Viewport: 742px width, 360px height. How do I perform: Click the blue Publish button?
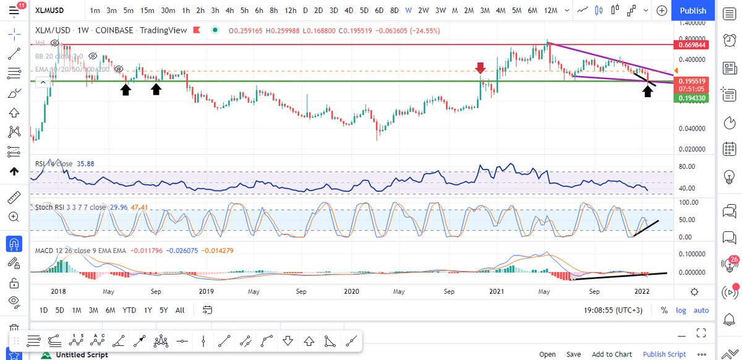(x=693, y=11)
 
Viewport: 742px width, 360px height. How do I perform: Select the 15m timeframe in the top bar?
(x=147, y=11)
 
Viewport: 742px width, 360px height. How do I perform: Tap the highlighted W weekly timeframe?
(x=409, y=11)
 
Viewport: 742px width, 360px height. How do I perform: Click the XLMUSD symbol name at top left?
(x=51, y=11)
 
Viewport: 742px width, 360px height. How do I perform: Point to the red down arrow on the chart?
(x=480, y=67)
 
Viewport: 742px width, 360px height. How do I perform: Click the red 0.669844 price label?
(x=692, y=45)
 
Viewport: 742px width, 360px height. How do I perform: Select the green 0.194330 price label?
(x=692, y=98)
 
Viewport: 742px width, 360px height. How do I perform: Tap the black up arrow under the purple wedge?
(x=647, y=92)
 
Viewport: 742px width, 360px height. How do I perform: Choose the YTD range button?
(x=129, y=310)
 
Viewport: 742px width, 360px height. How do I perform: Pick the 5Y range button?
(x=164, y=310)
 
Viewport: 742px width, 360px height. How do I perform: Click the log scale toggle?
(x=681, y=310)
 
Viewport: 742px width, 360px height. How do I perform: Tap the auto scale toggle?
(x=701, y=310)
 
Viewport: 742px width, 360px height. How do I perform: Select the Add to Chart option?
(x=612, y=354)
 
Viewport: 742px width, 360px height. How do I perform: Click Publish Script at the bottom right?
(x=664, y=354)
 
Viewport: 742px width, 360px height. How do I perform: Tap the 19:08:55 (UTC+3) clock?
(x=619, y=310)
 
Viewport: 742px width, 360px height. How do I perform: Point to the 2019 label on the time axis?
(x=206, y=291)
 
